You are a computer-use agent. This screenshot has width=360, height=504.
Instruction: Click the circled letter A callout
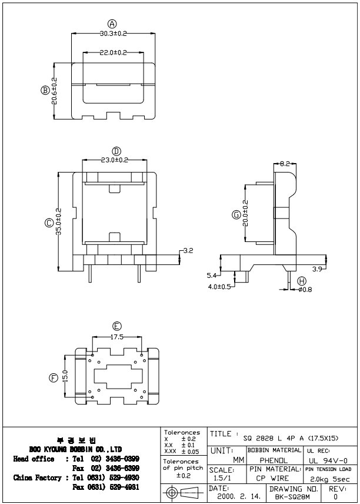pyautogui.click(x=112, y=23)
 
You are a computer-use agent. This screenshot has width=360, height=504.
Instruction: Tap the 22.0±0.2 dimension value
pyautogui.click(x=112, y=53)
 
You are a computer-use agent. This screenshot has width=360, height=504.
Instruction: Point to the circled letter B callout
pyautogui.click(x=44, y=91)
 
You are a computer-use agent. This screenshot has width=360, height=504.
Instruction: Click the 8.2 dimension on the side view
pyautogui.click(x=284, y=163)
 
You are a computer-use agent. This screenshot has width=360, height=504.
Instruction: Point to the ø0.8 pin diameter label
pyautogui.click(x=305, y=290)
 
